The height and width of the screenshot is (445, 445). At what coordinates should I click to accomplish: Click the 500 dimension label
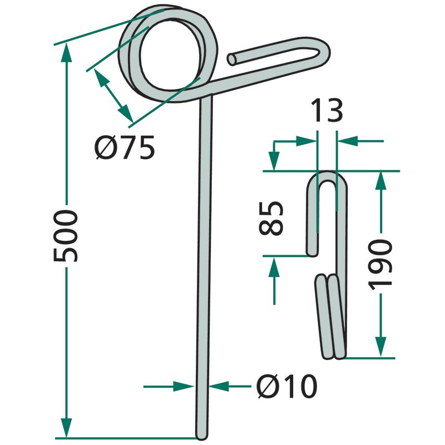point(66,236)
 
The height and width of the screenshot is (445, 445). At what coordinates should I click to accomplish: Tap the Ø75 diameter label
point(125,147)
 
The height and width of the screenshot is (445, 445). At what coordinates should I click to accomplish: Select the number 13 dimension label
point(327,111)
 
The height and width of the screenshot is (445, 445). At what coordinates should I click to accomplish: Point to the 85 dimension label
point(271,218)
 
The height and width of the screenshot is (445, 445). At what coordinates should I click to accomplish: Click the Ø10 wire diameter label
point(286,386)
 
